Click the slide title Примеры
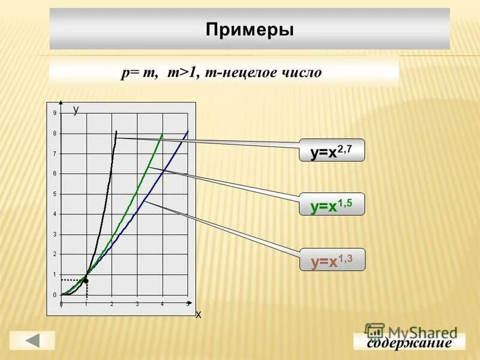[250, 29]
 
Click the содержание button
[409, 343]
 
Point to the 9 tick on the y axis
[55, 113]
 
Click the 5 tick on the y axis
[55, 194]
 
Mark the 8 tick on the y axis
[55, 133]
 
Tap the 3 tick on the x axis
[137, 304]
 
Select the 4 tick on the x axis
[162, 304]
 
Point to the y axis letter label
[76, 109]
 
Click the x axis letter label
[199, 314]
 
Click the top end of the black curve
[116, 131]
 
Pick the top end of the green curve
[162, 133]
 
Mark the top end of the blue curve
[188, 131]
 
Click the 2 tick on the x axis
[112, 304]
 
